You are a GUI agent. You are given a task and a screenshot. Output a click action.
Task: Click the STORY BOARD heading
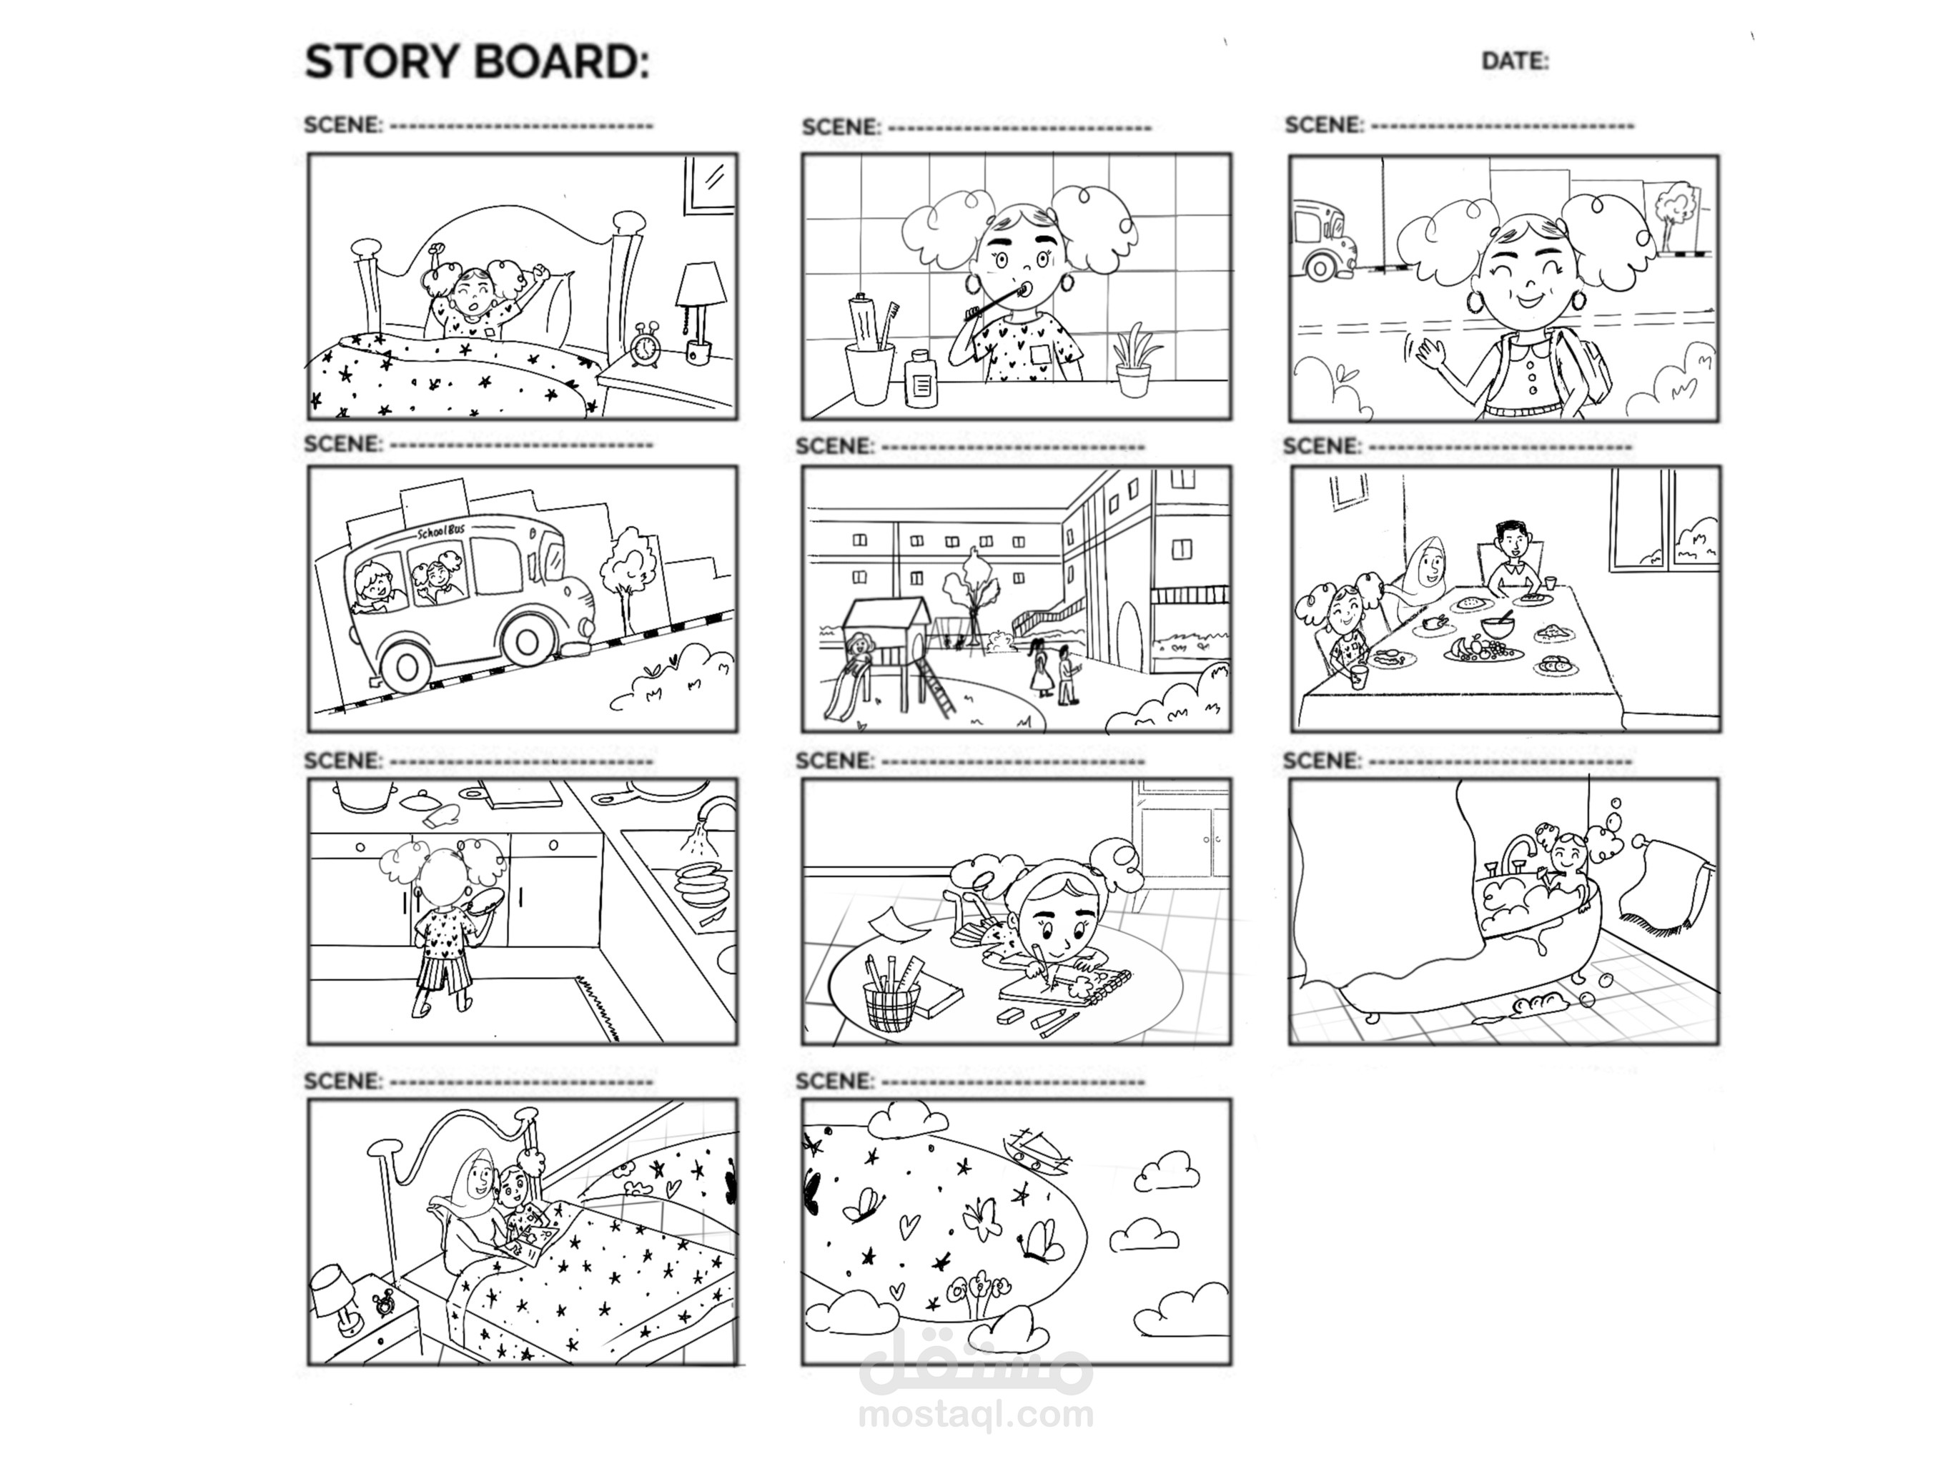(477, 61)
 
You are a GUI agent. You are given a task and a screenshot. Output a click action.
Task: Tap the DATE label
(1515, 61)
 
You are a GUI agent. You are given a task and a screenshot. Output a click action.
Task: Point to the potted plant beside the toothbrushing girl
(1134, 361)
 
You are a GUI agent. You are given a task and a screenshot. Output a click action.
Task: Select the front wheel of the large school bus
(529, 646)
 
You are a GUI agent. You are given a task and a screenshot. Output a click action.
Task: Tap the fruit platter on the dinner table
(1483, 650)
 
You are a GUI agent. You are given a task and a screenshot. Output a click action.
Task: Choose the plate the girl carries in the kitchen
(484, 901)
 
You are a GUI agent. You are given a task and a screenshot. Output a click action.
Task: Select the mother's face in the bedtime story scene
(482, 1175)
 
